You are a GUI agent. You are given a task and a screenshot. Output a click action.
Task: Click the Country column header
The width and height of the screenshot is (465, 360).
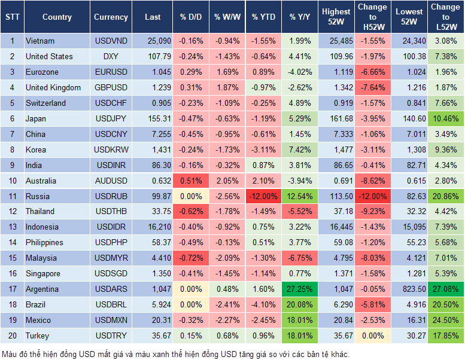pyautogui.click(x=57, y=17)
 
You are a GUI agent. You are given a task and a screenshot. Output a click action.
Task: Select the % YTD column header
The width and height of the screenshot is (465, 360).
pyautogui.click(x=263, y=17)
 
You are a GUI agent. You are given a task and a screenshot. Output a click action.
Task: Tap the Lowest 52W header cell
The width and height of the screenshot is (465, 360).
pyautogui.click(x=409, y=17)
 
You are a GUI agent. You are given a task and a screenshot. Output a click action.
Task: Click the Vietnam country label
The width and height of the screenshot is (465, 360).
pyautogui.click(x=40, y=41)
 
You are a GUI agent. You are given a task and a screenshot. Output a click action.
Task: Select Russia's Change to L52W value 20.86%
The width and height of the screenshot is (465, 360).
pyautogui.click(x=445, y=196)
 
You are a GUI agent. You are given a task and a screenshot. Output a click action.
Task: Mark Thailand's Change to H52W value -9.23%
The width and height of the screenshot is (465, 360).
pyautogui.click(x=372, y=211)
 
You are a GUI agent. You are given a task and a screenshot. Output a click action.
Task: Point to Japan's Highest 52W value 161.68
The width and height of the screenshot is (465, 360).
pyautogui.click(x=336, y=118)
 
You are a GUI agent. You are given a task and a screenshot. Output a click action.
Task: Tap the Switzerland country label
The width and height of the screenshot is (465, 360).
pyautogui.click(x=46, y=103)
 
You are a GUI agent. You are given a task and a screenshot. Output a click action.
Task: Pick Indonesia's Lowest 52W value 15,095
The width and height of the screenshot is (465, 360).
pyautogui.click(x=409, y=227)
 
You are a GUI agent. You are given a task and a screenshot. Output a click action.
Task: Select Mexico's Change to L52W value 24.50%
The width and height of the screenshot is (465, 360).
pyautogui.click(x=445, y=320)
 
